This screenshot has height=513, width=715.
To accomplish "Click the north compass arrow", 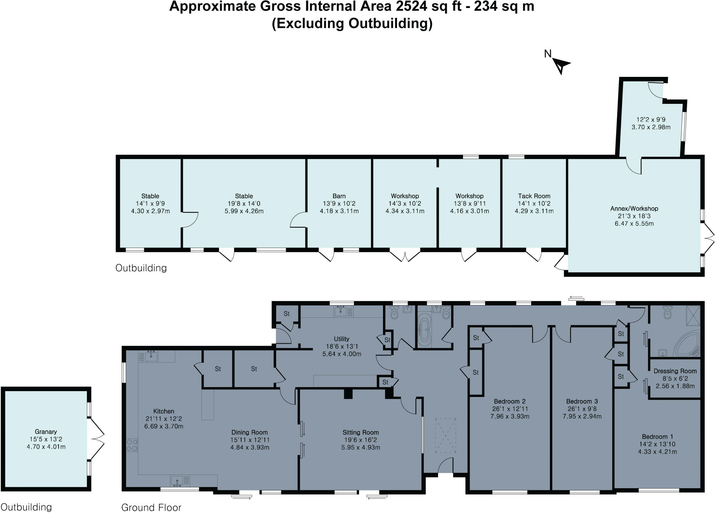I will coord(560,65).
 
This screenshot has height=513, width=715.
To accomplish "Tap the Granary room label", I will coord(46,432).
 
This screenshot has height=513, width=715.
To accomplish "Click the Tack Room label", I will coord(534,196).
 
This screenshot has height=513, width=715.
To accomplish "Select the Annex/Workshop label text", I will coord(634,209).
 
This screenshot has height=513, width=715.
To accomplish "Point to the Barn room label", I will coord(339,196).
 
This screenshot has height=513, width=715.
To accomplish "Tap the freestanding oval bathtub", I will coord(424,330).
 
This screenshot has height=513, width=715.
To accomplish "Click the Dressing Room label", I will coord(675,371).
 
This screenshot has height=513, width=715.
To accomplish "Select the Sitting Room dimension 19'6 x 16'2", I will coord(361,440).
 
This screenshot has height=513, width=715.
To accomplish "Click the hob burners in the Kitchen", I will coord(132,445).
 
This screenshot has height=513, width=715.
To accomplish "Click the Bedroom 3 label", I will coord(582,401).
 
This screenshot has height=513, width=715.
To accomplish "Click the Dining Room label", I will coord(250,432).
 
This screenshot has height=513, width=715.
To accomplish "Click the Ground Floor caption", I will coord(151,507).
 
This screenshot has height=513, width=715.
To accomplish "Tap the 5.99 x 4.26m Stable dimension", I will coord(244,211).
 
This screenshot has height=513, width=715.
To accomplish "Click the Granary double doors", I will coord(97,438).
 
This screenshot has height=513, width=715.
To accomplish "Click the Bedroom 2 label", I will coord(510,401).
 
